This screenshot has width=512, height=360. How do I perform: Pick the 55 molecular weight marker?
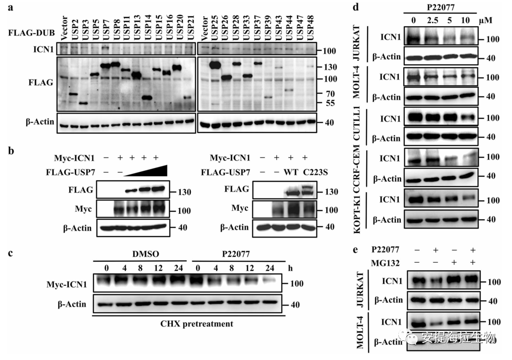tap(329, 104)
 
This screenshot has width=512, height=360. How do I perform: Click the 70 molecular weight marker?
tap(329, 93)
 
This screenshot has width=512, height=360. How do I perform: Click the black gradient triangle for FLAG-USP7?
tap(148, 170)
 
